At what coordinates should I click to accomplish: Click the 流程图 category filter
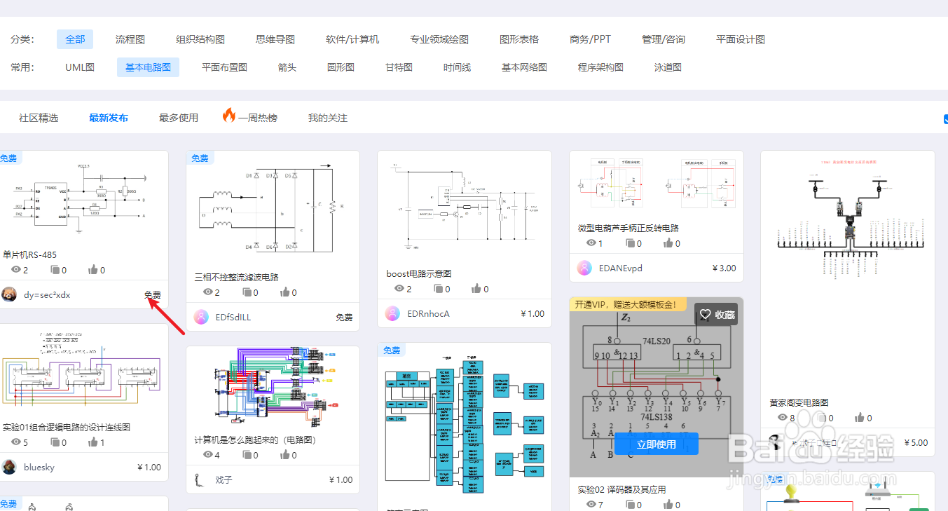[130, 39]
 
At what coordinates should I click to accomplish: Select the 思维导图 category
[275, 39]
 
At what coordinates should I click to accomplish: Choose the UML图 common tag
[80, 67]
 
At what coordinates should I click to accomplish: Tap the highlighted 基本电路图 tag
[148, 67]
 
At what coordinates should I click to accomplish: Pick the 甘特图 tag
[399, 67]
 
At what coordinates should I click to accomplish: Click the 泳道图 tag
[668, 67]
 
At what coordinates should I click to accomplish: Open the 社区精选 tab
[39, 118]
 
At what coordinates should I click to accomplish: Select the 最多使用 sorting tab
[179, 118]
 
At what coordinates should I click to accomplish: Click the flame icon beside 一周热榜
[229, 116]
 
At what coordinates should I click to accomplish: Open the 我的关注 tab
[328, 118]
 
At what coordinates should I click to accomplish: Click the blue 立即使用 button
[657, 444]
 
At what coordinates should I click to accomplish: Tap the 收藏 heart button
[716, 315]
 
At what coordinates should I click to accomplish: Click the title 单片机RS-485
[30, 254]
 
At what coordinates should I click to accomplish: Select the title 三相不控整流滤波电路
[236, 277]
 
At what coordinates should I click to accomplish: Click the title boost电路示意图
[418, 273]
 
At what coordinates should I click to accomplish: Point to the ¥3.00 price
[724, 268]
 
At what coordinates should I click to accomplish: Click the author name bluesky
[39, 467]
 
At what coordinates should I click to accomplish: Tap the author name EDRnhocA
[429, 313]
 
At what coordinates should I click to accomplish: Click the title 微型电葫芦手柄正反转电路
[628, 228]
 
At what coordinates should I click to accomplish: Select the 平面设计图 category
[741, 39]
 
